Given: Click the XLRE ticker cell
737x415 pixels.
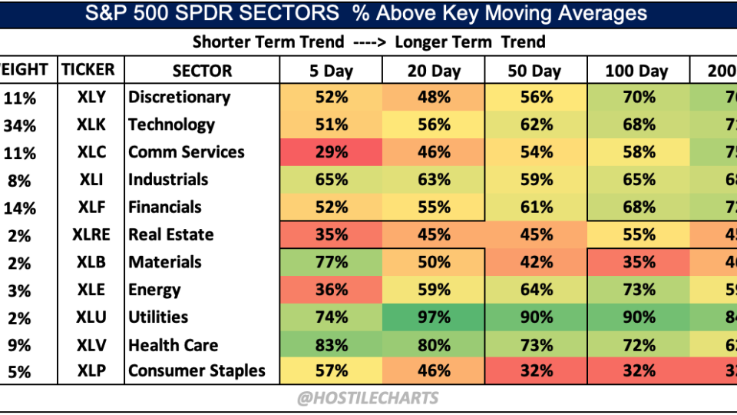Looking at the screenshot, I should (x=91, y=235).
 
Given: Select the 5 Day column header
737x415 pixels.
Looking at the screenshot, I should (x=331, y=71).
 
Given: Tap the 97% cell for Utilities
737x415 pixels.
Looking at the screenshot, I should (x=434, y=317).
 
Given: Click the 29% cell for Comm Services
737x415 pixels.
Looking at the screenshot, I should (x=331, y=152).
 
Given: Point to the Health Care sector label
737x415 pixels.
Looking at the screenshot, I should (x=173, y=346).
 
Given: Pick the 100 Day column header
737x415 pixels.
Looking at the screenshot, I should (x=636, y=71).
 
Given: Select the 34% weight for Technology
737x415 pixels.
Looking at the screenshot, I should (x=19, y=125).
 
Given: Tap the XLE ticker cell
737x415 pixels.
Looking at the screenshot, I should (x=91, y=290).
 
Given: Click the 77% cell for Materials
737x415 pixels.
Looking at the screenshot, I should (x=331, y=263).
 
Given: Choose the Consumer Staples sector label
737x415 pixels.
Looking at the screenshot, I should (x=197, y=371).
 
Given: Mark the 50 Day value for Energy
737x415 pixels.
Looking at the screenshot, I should (x=535, y=290).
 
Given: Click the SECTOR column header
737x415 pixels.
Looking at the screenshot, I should (x=202, y=71).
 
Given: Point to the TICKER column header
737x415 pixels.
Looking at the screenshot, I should (x=88, y=70).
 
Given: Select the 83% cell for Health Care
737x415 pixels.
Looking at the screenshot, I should (x=331, y=346).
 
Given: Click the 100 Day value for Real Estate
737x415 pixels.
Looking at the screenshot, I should (x=636, y=235).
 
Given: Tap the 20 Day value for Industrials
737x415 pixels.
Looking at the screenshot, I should (x=434, y=180).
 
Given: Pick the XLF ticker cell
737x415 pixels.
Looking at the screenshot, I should (x=91, y=207).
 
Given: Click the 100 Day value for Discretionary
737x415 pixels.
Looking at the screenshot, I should (x=636, y=98).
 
